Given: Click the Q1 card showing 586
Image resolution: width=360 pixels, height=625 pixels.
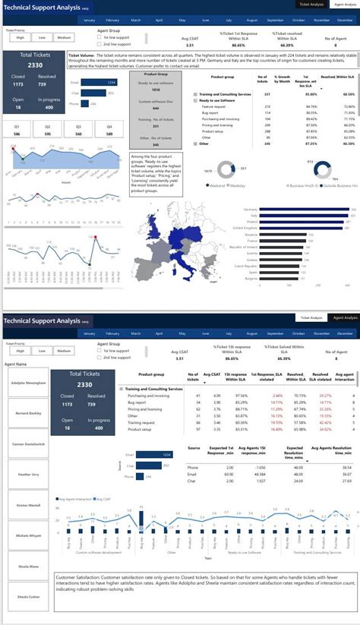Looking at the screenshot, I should coord(17,130).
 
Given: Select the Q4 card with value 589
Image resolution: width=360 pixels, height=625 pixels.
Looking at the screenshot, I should coord(109,130).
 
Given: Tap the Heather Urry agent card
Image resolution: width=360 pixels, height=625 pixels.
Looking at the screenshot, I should coord(27,474).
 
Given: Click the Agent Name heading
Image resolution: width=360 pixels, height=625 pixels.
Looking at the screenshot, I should coord(16,365).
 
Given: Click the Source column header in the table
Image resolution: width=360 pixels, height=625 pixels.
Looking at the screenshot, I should coord(194,448).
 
